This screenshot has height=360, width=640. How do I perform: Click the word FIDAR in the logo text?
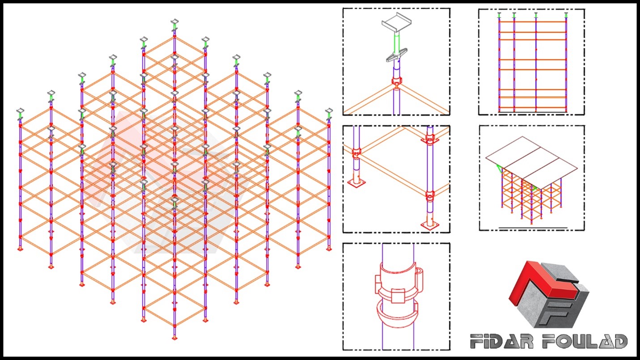502,341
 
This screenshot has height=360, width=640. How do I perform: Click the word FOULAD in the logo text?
585,341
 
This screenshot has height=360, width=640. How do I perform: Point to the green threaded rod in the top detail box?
397,43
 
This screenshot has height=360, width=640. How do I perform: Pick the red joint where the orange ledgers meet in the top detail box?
397,83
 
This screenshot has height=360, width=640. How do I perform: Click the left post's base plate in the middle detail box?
356,182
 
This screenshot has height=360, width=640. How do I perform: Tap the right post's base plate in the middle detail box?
430,225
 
